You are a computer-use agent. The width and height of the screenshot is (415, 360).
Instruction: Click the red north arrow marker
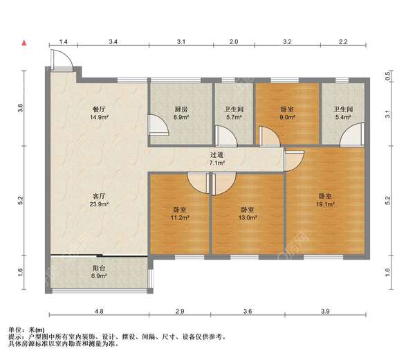pyautogui.click(x=24, y=43)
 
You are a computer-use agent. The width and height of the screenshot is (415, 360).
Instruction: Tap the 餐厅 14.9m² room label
pyautogui.click(x=99, y=113)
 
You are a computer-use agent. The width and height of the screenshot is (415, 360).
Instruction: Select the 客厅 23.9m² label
pyautogui.click(x=99, y=200)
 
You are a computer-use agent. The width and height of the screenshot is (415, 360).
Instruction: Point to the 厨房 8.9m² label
pyautogui.click(x=181, y=113)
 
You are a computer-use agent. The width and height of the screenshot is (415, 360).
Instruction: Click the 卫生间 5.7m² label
pyautogui.click(x=234, y=113)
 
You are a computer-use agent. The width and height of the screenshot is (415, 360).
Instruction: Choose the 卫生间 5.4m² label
pyautogui.click(x=343, y=113)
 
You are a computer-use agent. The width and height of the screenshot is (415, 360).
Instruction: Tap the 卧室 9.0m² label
pyautogui.click(x=287, y=113)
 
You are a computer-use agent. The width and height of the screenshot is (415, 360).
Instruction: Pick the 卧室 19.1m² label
pyautogui.click(x=325, y=200)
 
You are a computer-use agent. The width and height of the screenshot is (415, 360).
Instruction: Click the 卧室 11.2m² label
pyautogui.click(x=180, y=214)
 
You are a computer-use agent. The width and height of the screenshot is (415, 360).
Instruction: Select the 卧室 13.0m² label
pyautogui.click(x=248, y=214)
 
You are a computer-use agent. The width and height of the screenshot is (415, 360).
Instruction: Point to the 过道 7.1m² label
pyautogui.click(x=217, y=159)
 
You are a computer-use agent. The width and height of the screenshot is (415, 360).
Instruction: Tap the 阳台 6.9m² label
pyautogui.click(x=99, y=272)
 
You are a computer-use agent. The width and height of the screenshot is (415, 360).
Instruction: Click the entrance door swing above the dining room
pyautogui.click(x=62, y=60)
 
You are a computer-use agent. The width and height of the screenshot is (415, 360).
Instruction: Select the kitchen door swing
pyautogui.click(x=158, y=125)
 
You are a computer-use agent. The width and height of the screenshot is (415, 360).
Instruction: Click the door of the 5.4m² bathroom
pyautogui.click(x=351, y=134)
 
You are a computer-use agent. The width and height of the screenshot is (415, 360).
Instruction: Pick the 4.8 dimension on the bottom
pyautogui.click(x=99, y=312)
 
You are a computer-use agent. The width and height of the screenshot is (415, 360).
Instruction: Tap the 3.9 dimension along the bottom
pyautogui.click(x=325, y=312)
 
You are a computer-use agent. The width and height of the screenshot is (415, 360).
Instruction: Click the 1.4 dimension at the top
pyautogui.click(x=63, y=42)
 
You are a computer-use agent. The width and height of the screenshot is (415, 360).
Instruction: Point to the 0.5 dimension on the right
pyautogui.click(x=388, y=76)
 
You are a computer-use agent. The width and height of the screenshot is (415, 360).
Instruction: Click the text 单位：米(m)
pyautogui.click(x=27, y=330)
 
